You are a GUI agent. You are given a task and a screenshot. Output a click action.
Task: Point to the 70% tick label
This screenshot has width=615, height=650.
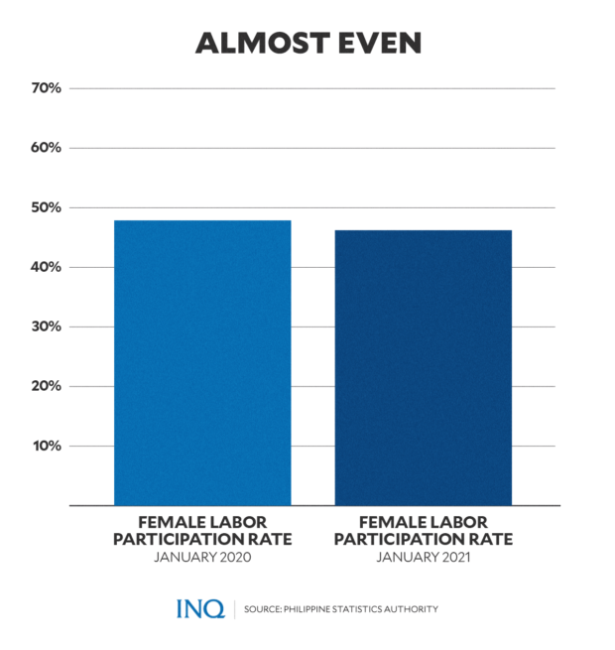tap(46, 88)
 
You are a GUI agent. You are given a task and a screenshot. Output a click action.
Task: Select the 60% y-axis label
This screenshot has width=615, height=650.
tap(46, 148)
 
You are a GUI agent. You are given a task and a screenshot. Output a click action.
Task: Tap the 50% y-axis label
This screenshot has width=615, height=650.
tap(46, 207)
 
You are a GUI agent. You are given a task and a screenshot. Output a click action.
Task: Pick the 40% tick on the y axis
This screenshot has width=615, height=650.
tap(46, 267)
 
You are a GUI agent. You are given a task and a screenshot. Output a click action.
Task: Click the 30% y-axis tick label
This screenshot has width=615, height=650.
tap(46, 326)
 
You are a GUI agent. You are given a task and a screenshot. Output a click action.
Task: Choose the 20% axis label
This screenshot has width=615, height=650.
tap(46, 386)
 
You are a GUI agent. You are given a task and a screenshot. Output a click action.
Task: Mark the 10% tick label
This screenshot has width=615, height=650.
tap(46, 446)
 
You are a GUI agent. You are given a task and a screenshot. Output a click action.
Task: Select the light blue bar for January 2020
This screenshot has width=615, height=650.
tap(202, 362)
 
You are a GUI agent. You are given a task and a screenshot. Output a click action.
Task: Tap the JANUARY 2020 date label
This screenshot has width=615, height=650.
tap(202, 558)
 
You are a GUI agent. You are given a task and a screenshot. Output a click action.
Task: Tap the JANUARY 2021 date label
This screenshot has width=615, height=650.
tap(424, 558)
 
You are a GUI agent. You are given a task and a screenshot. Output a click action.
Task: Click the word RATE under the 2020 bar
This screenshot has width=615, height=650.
tap(270, 539)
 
